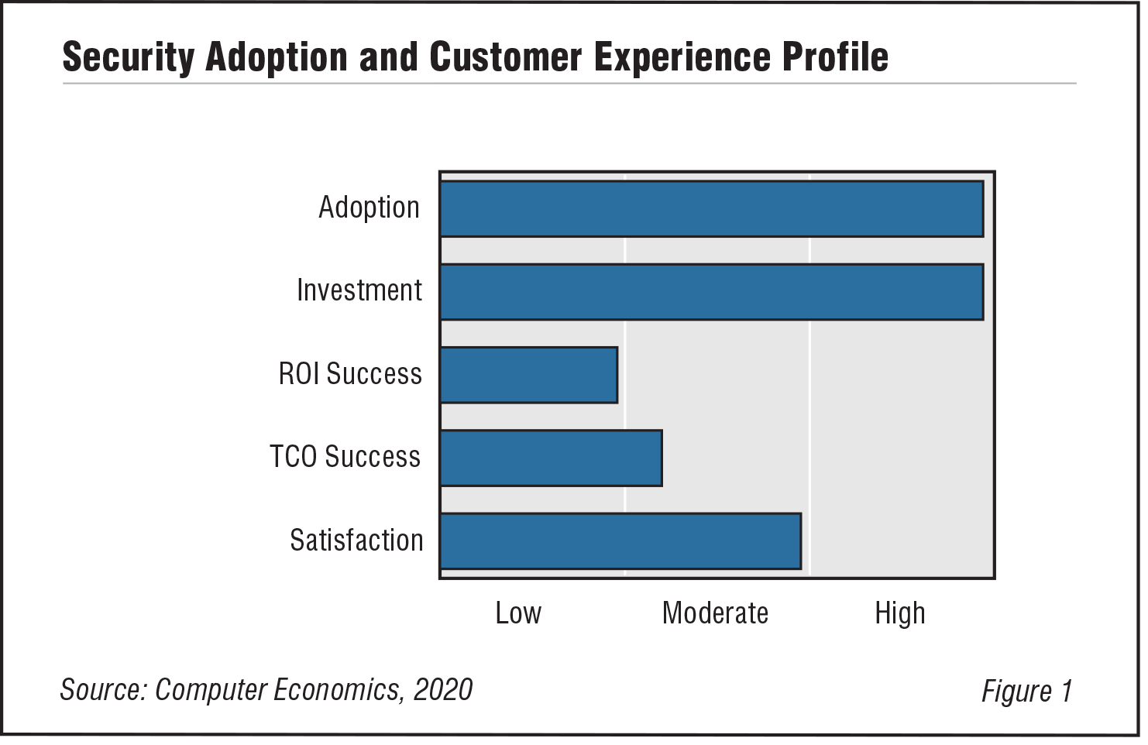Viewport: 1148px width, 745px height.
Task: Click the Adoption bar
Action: pos(711,208)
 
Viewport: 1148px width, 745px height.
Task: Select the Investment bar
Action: pos(711,291)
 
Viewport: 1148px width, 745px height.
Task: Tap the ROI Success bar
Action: pos(528,375)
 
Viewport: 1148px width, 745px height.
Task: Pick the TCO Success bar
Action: pos(551,458)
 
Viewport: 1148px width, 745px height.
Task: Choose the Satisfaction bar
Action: pos(620,541)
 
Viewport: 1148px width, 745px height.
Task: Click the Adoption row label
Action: pos(369,208)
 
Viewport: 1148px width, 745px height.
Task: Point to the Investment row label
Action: pos(359,290)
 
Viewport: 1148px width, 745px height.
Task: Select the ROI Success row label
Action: pos(350,374)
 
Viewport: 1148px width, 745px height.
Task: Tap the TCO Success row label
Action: pos(345,457)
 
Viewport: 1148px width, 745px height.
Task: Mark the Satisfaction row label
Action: pos(356,540)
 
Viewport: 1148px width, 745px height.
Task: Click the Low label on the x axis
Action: pos(518,613)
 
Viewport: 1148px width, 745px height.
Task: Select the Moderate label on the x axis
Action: pos(715,613)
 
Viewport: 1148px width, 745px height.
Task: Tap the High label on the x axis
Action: pos(899,613)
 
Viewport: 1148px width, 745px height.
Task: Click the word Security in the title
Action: pos(128,57)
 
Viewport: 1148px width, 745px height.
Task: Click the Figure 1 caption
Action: pos(1026,690)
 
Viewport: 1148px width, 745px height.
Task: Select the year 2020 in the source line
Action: pos(442,688)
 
